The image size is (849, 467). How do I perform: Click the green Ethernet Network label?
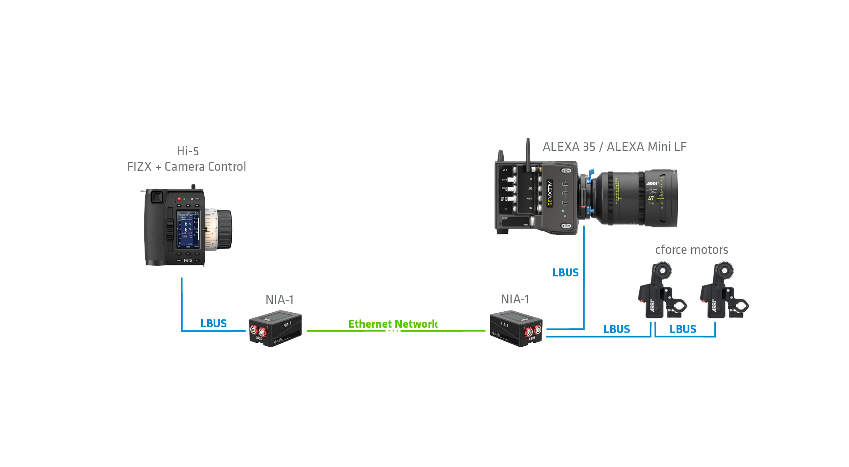[x=393, y=324]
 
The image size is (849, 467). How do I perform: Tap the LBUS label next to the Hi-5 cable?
[x=214, y=323]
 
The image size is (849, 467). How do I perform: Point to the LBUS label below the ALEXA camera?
[x=566, y=272]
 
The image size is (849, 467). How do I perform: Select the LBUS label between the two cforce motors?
[x=683, y=329]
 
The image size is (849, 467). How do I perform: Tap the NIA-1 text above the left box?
[x=279, y=299]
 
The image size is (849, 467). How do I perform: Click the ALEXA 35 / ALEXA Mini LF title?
[x=614, y=146]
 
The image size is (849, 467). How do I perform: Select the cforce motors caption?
[x=692, y=250]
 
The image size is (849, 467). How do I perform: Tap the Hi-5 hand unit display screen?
[x=188, y=230]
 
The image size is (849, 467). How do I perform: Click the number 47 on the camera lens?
[x=651, y=198]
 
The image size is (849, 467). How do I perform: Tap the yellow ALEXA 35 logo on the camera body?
[x=550, y=193]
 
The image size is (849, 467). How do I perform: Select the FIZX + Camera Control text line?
[x=186, y=167]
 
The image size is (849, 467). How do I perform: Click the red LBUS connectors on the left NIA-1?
[x=258, y=331]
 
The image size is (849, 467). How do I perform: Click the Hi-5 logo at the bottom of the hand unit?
[x=188, y=260]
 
